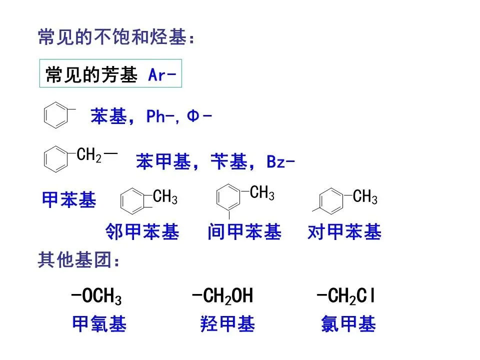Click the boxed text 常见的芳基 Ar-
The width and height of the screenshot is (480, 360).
(x=110, y=75)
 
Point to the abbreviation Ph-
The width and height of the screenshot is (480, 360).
(x=159, y=116)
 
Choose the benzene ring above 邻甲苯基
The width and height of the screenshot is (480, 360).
(x=133, y=201)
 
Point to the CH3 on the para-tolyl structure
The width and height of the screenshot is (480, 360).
(x=365, y=197)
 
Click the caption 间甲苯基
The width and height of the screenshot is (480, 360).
(x=244, y=232)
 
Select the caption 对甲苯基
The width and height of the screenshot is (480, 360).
(x=344, y=232)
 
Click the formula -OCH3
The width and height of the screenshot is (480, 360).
(x=96, y=297)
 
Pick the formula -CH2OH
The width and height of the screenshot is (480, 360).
(x=222, y=296)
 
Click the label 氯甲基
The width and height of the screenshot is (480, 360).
(x=348, y=325)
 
